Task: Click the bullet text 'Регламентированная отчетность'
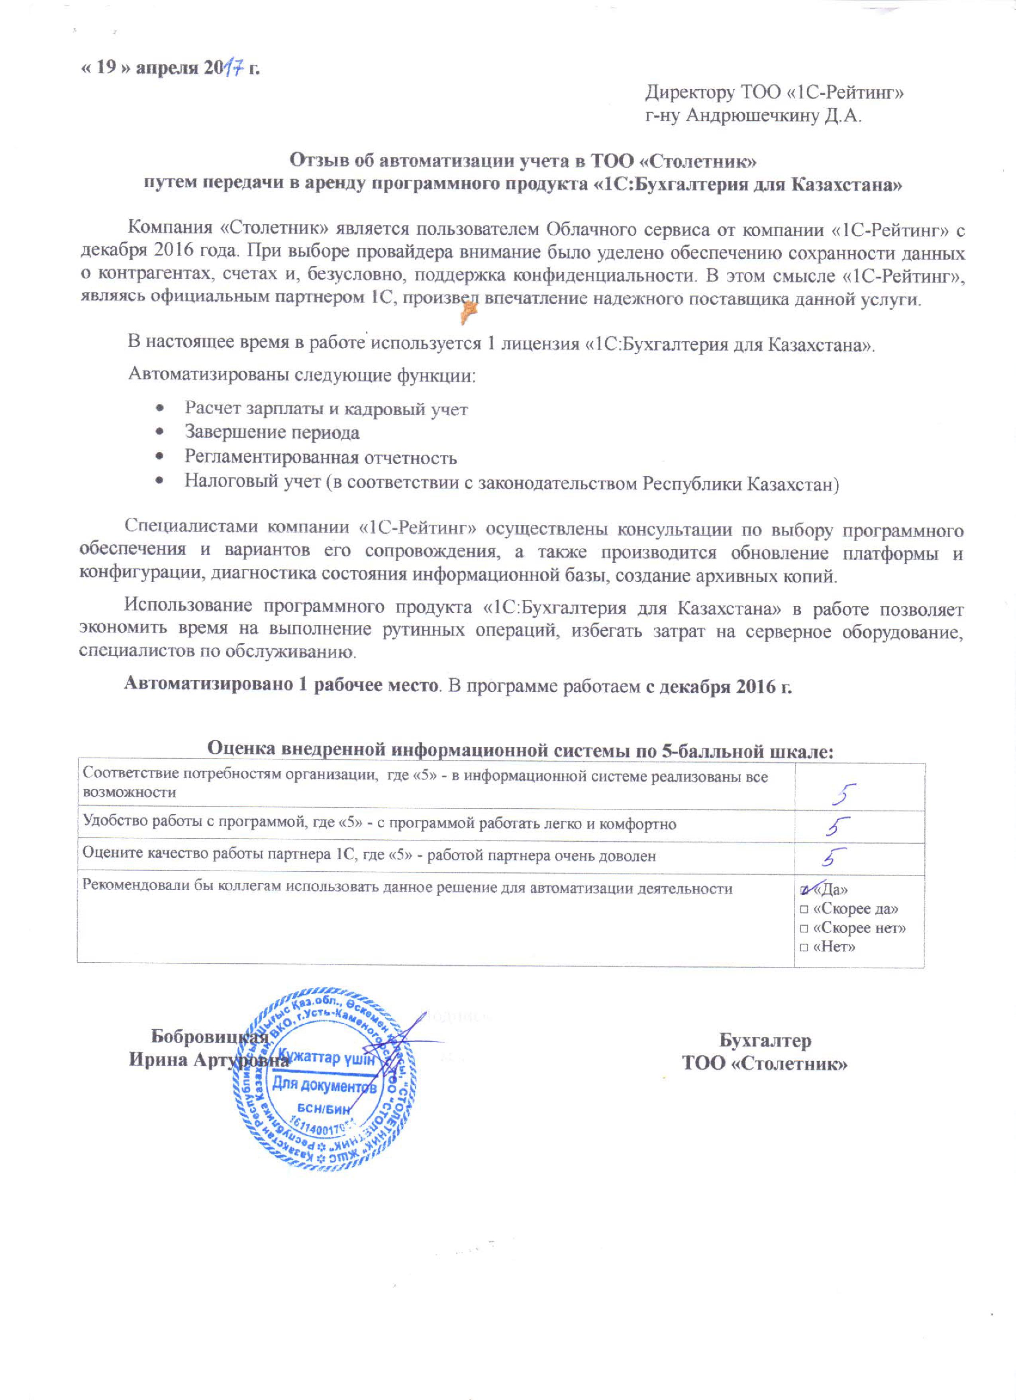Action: [320, 458]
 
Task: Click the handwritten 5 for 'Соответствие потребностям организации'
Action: [843, 795]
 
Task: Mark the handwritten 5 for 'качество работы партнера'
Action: [835, 857]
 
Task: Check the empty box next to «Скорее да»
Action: [804, 909]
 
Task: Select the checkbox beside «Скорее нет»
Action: [804, 929]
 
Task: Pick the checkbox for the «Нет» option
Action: [804, 948]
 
